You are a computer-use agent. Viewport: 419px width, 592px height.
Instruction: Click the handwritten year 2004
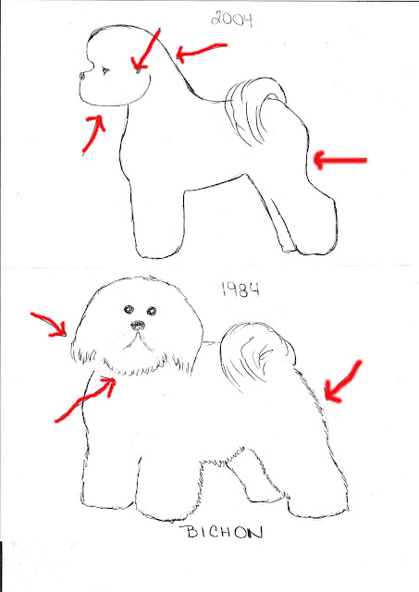(x=232, y=18)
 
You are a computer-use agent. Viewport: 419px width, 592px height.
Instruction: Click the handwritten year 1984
(x=240, y=290)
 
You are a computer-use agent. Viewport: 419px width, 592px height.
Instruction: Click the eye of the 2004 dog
(x=105, y=70)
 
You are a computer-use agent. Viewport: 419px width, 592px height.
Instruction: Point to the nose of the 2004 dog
(x=82, y=76)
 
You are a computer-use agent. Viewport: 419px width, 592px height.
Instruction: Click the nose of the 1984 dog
(x=138, y=325)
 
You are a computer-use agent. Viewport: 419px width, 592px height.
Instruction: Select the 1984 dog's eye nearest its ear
(x=129, y=310)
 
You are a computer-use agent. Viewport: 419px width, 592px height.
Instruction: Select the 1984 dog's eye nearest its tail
(x=152, y=311)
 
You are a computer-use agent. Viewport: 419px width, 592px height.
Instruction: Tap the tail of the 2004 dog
(x=253, y=109)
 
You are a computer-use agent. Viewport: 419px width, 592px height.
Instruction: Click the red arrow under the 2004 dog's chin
(x=94, y=132)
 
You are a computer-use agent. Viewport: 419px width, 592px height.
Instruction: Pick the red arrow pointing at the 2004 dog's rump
(x=339, y=160)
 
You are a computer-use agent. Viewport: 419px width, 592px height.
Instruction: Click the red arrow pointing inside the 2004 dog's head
(x=147, y=49)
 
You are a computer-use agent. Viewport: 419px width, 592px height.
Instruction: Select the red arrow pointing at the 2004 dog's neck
(x=202, y=51)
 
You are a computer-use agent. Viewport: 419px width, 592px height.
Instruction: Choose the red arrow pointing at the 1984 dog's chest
(x=85, y=399)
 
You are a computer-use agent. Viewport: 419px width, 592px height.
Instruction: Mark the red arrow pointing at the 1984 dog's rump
(x=341, y=382)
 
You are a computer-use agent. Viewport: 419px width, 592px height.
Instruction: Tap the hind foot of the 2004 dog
(x=315, y=241)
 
